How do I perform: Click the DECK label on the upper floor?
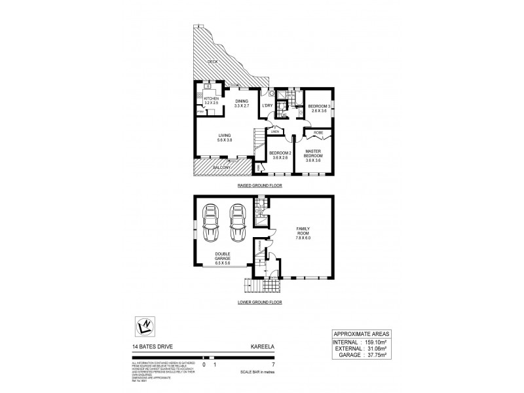(x=212, y=62)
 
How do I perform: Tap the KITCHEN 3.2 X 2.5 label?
(x=202, y=100)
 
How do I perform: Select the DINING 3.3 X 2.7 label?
(x=242, y=103)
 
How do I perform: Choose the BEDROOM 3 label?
(x=320, y=108)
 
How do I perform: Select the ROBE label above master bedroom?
(x=318, y=133)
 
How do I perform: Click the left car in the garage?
(x=212, y=223)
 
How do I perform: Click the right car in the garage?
(x=236, y=223)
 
